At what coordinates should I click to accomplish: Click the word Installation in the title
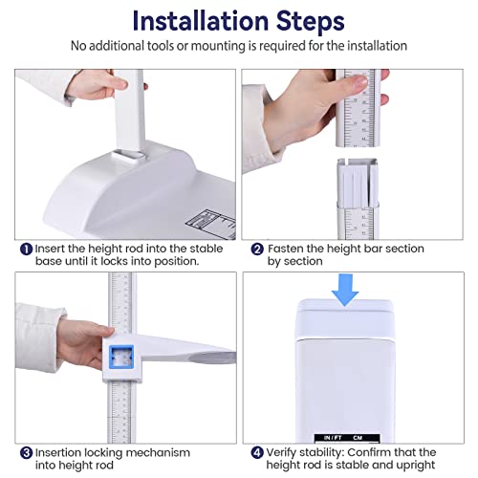201,21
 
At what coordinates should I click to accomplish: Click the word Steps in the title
310,22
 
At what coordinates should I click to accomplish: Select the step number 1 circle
27,249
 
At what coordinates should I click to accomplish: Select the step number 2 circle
257,249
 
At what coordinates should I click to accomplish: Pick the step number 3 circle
27,453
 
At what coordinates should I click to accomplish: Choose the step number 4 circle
257,453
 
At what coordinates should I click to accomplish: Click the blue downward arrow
345,290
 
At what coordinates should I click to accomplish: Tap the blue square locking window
121,357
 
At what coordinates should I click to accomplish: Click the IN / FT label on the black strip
333,438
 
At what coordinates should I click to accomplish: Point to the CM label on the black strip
358,438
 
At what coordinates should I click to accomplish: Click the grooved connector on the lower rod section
358,183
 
